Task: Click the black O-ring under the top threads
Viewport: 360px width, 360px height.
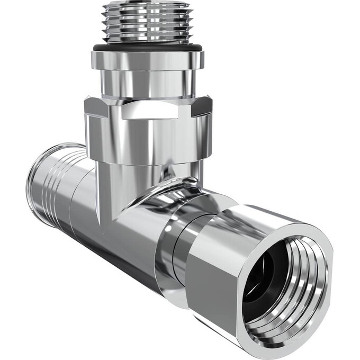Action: pyautogui.click(x=147, y=48)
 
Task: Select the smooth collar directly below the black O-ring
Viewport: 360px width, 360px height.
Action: pyautogui.click(x=147, y=59)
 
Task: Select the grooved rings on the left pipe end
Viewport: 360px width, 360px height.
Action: pyautogui.click(x=50, y=180)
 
